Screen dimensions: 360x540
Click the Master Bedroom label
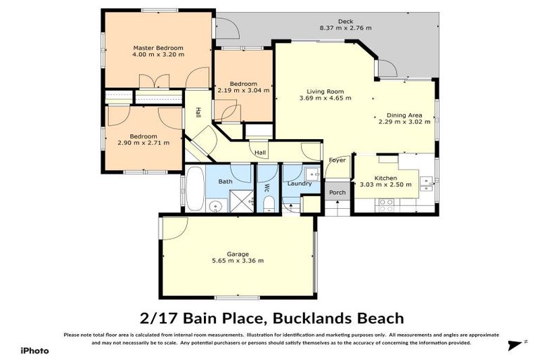tap(158, 48)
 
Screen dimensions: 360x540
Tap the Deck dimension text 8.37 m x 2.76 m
tap(345, 28)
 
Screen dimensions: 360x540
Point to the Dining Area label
tap(404, 115)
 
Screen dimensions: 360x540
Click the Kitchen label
tap(386, 179)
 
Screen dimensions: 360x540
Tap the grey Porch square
tap(337, 192)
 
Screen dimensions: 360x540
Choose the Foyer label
tap(337, 160)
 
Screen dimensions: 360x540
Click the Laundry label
tap(299, 184)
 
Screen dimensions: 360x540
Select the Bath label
tap(225, 181)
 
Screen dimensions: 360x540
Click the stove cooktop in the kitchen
tap(386, 204)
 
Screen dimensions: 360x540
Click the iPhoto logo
tap(33, 350)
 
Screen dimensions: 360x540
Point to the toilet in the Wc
tap(267, 204)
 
